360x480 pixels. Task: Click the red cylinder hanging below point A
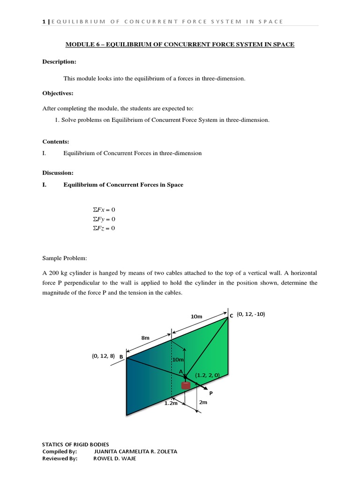tap(186, 385)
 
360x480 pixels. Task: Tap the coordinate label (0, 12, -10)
tap(251, 314)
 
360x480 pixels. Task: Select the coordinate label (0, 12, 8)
tap(103, 356)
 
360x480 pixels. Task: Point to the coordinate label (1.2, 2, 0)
tap(208, 375)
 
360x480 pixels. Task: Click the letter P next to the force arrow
tap(211, 393)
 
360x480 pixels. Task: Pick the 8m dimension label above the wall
tap(145, 337)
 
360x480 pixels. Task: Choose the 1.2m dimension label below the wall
tap(171, 403)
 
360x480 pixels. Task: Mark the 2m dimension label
tap(203, 402)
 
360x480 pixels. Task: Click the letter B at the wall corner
tap(121, 357)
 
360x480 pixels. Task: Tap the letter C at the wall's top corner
tap(231, 316)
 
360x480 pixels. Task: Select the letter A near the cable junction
tap(181, 371)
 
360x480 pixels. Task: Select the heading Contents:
tap(56, 141)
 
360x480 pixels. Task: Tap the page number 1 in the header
tap(43, 22)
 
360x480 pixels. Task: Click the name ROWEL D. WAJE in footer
tap(115, 458)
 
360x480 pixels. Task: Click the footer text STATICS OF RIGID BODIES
tap(75, 444)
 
